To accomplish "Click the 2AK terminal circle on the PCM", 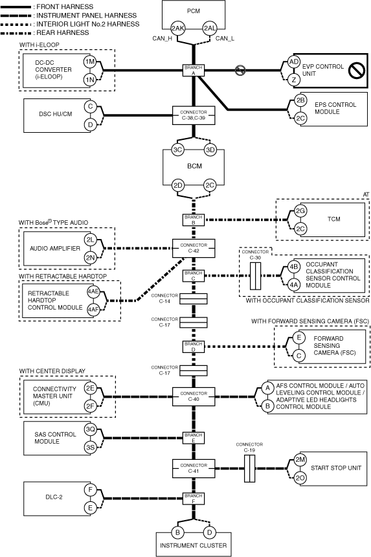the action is (177, 28).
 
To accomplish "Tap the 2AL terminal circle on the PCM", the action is (210, 28).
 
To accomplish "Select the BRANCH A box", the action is (194, 71).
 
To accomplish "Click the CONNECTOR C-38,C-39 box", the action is (194, 115).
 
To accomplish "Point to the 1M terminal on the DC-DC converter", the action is (90, 62).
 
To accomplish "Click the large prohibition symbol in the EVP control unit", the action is (357, 71).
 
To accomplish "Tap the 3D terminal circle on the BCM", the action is (210, 150).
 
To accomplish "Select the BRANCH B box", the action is (194, 220).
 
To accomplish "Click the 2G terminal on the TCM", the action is (300, 211).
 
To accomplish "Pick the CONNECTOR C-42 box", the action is (194, 248).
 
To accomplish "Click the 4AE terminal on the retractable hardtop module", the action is (93, 291).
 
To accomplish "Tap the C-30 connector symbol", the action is (255, 276).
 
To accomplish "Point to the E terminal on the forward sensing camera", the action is (299, 337).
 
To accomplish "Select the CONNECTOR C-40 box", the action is (194, 396).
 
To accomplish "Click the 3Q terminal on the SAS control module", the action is (90, 429).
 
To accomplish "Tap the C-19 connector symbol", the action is (249, 468).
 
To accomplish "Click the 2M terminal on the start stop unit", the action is (300, 459).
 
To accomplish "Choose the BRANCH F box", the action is (194, 499).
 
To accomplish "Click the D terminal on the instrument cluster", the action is (210, 532).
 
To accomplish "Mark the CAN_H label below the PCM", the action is (163, 38).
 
